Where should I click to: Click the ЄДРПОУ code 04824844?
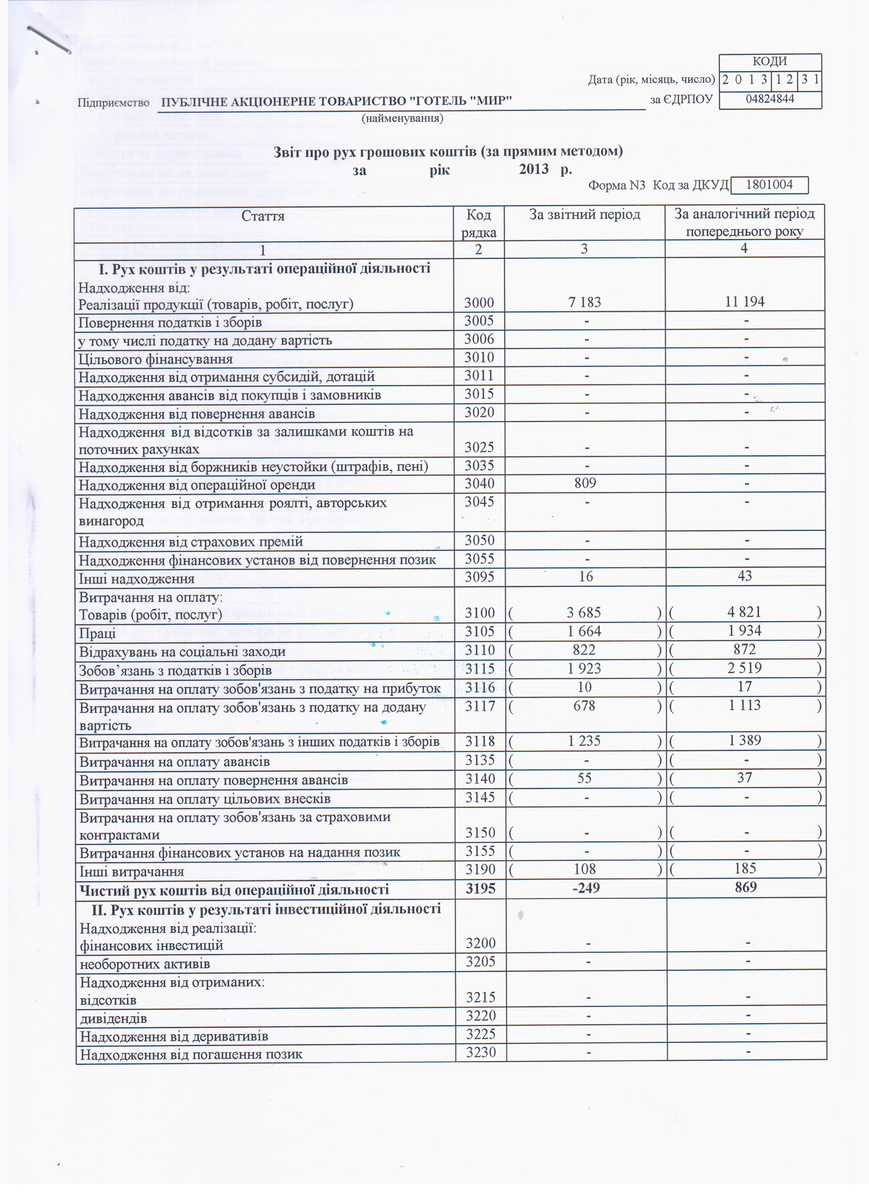770,99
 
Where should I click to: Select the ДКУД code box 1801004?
770,185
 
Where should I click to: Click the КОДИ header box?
770,62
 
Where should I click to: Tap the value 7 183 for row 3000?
584,302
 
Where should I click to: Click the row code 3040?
478,484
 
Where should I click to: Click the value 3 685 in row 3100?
584,612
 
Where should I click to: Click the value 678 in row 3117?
584,705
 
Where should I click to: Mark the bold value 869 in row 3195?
745,887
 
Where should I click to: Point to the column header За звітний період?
584,214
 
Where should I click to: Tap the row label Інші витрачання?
131,872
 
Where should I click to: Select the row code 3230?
480,1052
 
